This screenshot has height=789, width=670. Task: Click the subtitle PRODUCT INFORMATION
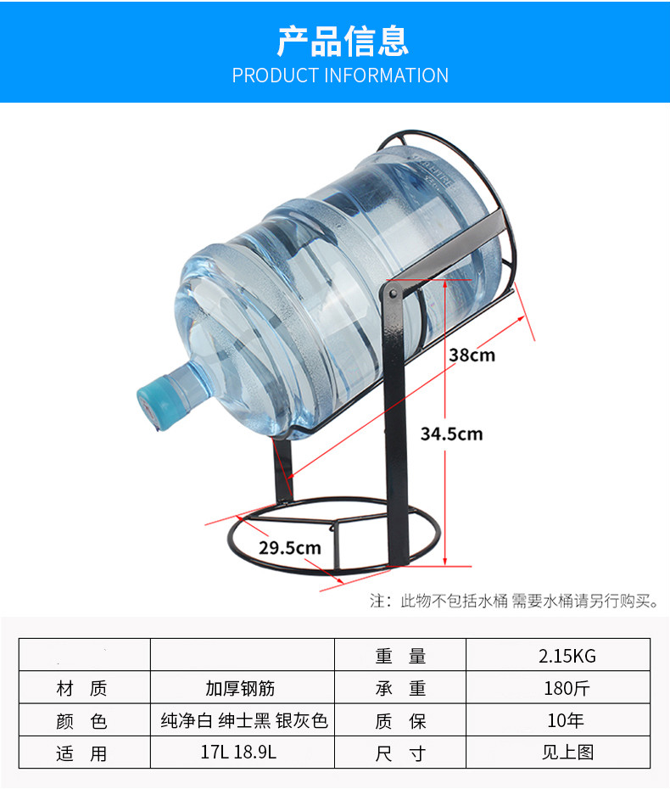tap(340, 76)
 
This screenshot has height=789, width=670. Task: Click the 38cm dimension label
tap(472, 355)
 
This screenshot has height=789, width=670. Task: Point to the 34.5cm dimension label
tap(451, 434)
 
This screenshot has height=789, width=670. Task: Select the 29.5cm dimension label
tap(290, 547)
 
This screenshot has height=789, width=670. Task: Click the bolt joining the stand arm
tap(390, 290)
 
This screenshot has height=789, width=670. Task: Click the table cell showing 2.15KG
tap(567, 655)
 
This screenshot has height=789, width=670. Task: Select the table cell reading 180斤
tap(567, 687)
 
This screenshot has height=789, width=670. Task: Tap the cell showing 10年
tap(566, 720)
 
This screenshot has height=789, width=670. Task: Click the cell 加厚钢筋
tap(240, 687)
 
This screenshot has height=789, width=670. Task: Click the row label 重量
tap(400, 655)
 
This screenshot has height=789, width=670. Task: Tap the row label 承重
tap(400, 687)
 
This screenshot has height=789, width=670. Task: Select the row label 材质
tap(81, 687)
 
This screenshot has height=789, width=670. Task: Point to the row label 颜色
tap(81, 721)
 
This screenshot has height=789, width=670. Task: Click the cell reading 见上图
tap(567, 752)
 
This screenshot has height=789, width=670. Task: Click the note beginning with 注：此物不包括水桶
tap(513, 601)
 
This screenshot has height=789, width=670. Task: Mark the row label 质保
tap(400, 720)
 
